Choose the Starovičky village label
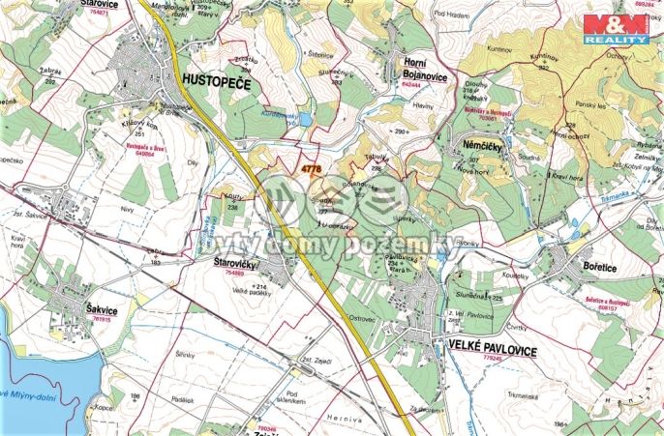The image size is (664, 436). point(232,262)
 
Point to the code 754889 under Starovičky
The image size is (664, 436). point(234,273)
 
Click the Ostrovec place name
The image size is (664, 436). point(361,317)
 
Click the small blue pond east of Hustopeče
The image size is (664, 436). point(305,119)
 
